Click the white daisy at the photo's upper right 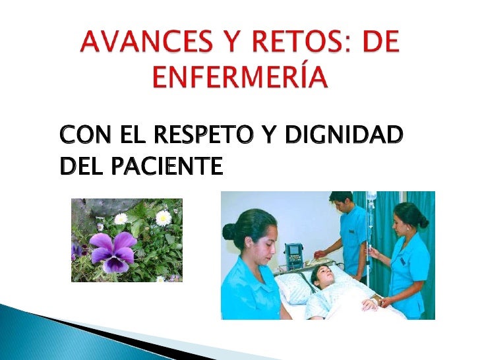click(164, 217)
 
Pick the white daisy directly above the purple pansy click(121, 218)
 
